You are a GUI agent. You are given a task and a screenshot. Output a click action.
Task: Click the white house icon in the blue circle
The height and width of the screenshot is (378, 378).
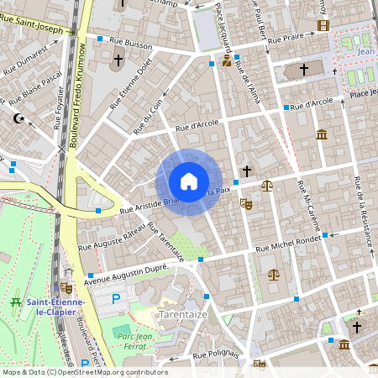click(x=188, y=181)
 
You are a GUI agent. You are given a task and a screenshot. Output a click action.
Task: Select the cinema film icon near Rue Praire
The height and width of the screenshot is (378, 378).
click(x=324, y=24)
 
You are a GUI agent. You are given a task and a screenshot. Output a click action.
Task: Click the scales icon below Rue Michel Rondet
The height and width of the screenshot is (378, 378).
click(x=273, y=273)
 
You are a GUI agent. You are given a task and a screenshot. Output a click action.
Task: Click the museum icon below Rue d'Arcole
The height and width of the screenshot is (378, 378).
click(x=322, y=134)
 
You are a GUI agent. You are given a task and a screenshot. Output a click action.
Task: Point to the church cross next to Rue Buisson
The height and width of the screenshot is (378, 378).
click(x=118, y=60)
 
